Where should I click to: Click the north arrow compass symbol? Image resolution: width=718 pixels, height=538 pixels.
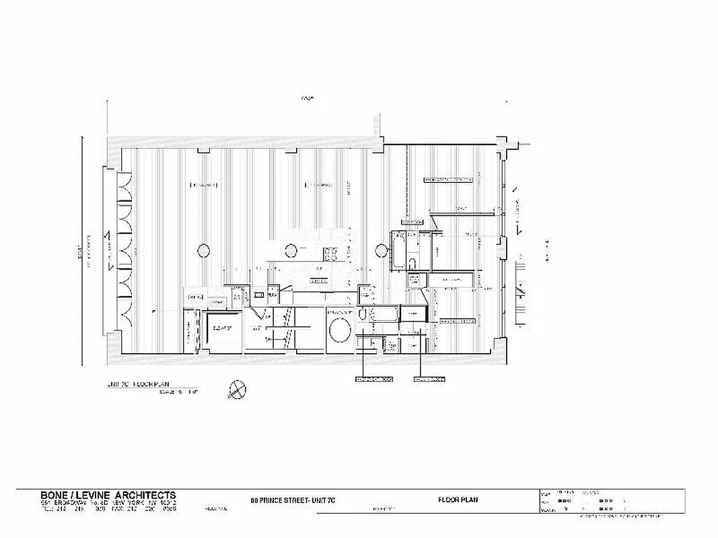[x=237, y=388]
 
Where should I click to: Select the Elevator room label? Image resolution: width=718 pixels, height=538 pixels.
[x=222, y=329]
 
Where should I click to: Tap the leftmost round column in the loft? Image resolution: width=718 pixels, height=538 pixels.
[x=203, y=251]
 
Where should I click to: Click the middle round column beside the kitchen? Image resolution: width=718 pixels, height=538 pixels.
[x=291, y=251]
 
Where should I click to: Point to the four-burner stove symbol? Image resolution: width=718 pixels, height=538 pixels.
[x=332, y=254]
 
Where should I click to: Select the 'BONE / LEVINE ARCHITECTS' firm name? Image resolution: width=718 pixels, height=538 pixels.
[x=108, y=495]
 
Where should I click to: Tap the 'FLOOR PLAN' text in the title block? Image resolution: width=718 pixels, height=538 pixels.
[x=458, y=500]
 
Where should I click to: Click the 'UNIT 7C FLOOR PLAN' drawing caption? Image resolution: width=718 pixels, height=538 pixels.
[x=139, y=385]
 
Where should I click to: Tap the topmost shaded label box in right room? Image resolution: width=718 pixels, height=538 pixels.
[x=447, y=180]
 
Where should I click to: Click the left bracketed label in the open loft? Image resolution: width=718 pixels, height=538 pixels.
[x=204, y=184]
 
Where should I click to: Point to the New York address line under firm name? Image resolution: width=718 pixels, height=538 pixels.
[x=108, y=502]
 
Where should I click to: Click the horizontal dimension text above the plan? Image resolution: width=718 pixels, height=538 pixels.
[x=307, y=99]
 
